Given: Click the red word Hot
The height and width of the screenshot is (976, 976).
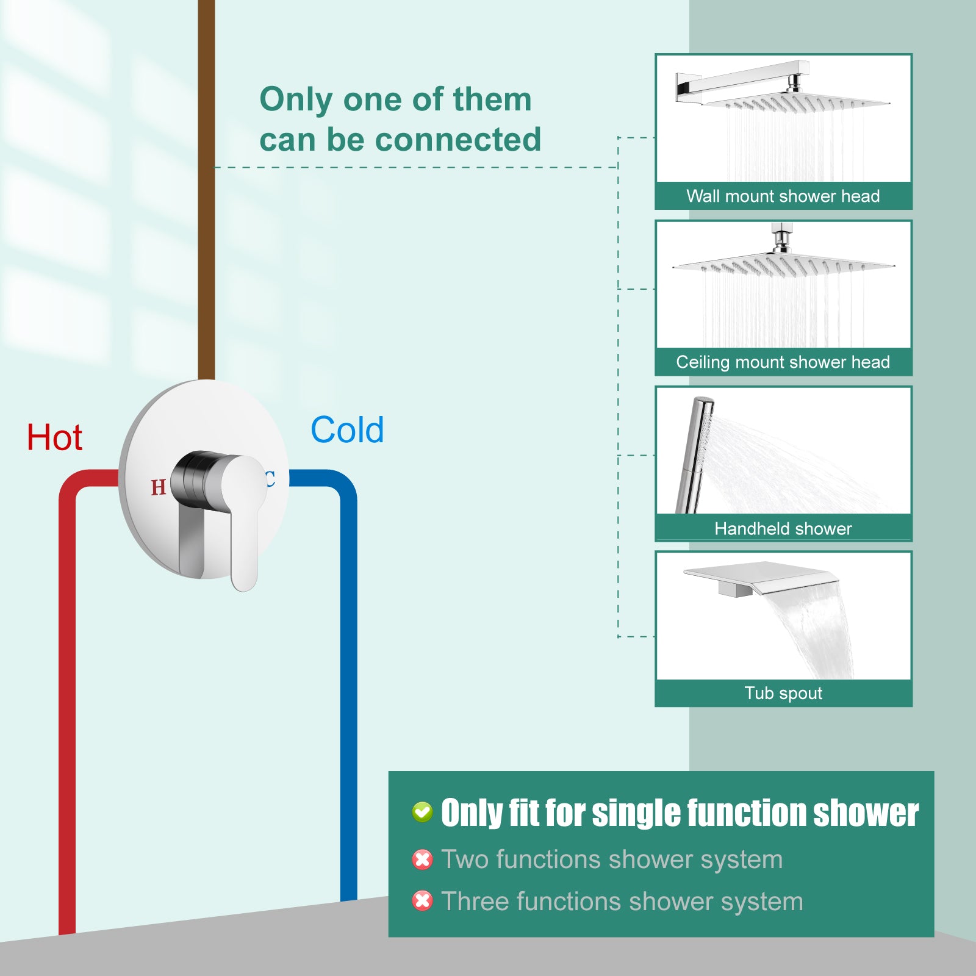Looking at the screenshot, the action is coord(54,437).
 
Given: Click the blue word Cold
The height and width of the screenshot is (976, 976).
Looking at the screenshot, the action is coord(347,429).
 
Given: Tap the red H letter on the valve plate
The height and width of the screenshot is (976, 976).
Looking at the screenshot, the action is coord(159,487).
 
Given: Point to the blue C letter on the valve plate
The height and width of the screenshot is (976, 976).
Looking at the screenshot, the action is coord(270,479).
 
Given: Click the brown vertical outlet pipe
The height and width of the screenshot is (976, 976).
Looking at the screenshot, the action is coord(207,189).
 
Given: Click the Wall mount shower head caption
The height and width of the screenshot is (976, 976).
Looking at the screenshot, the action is coord(783,196).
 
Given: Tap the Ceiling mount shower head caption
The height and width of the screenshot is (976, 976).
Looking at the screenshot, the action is coord(783,362).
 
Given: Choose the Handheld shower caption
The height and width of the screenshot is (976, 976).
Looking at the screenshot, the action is coord(783,528).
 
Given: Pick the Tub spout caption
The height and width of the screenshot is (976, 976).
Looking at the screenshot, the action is coord(783,693).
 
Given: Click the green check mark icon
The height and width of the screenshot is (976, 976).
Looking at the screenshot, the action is coord(422,812).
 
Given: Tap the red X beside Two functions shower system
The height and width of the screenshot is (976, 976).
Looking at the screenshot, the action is coord(422,859).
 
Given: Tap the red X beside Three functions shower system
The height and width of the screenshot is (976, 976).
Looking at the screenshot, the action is coord(422,901).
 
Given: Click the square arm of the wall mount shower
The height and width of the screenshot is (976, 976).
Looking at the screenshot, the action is coord(742,79).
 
